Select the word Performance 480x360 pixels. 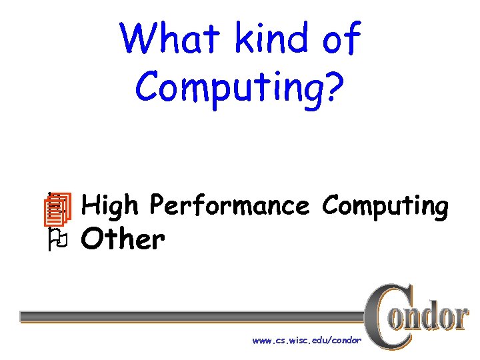point(229,205)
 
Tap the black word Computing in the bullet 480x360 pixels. point(385,207)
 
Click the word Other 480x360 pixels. point(123,239)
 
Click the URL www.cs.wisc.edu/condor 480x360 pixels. point(307,341)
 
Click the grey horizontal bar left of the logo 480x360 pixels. point(193,315)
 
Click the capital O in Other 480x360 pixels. point(91,239)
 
